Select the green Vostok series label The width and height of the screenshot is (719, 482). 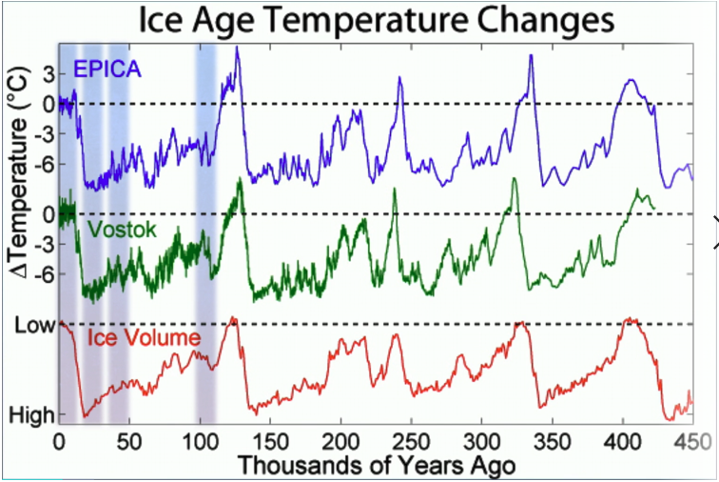(x=121, y=230)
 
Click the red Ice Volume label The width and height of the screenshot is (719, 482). (x=144, y=338)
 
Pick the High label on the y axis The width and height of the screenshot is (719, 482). (x=31, y=415)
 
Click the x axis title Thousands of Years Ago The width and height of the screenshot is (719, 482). (x=377, y=466)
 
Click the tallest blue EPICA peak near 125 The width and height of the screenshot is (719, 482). (x=237, y=49)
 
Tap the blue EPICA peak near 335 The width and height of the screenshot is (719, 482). (x=531, y=56)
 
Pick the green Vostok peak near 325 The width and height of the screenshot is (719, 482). (x=515, y=180)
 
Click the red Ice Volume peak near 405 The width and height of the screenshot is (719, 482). (x=628, y=319)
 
